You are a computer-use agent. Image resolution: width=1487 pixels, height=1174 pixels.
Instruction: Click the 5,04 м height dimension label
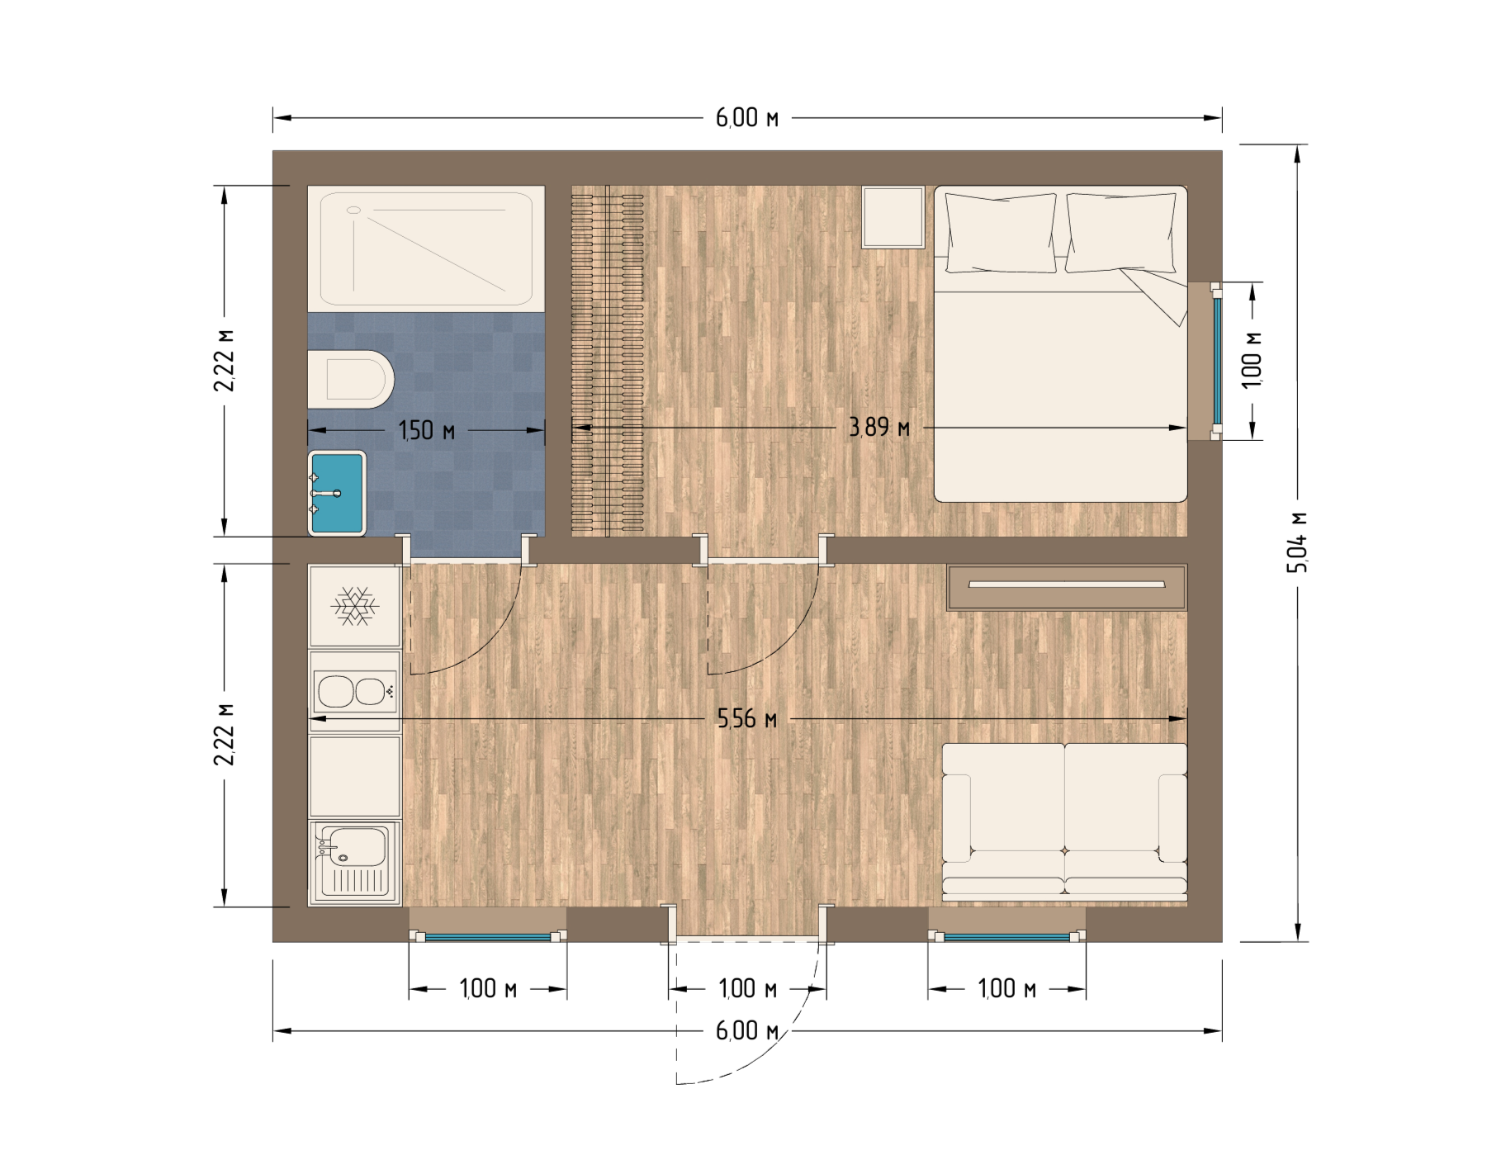(1298, 542)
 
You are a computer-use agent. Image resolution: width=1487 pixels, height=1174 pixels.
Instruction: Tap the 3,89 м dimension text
(879, 428)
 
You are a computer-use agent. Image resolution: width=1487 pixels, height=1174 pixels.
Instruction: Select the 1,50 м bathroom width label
(427, 430)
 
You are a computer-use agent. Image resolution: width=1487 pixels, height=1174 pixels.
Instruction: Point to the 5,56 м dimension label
(747, 719)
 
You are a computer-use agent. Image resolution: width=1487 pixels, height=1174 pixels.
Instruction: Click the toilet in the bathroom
(350, 380)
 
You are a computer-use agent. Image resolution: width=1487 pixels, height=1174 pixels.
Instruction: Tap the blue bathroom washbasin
(337, 493)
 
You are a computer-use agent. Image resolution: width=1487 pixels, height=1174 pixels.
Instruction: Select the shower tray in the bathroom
(426, 249)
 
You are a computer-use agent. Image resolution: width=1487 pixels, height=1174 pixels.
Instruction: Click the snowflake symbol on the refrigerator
(355, 607)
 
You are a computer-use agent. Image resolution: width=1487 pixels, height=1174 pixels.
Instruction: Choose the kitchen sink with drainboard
(355, 863)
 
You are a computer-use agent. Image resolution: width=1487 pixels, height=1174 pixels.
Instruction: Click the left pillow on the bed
(1001, 233)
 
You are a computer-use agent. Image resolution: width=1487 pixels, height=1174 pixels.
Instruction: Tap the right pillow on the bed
(1120, 233)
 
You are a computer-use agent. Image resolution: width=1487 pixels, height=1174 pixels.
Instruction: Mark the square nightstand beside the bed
(893, 217)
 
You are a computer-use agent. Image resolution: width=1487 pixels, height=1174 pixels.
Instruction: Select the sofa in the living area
(1064, 821)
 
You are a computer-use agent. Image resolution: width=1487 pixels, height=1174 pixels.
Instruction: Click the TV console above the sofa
(1067, 587)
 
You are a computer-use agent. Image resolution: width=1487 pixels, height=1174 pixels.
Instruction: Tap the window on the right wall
(1216, 361)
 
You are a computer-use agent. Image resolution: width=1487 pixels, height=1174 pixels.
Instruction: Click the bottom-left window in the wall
(488, 936)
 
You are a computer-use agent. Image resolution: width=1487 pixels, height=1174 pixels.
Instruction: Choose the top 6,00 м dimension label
(747, 118)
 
